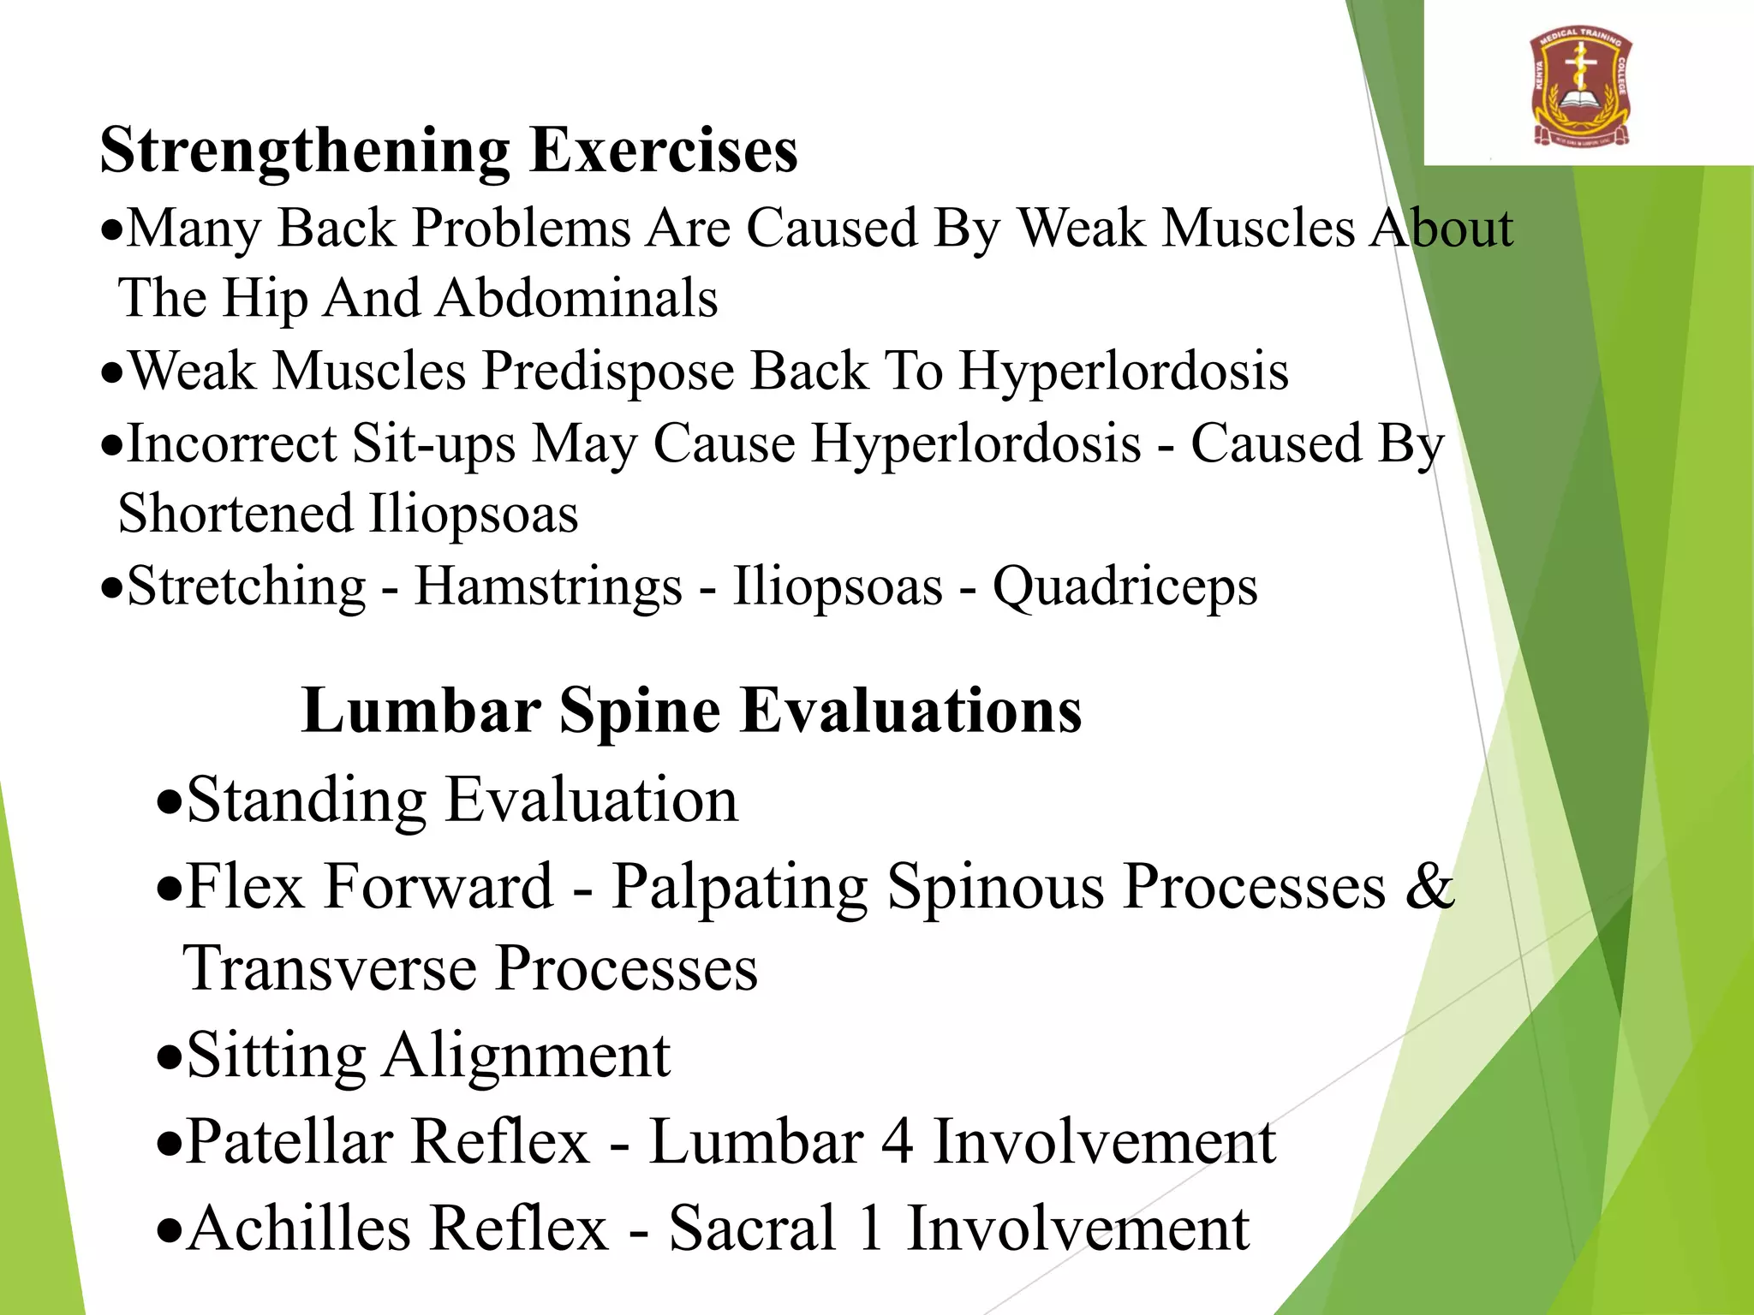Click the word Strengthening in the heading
pos(303,152)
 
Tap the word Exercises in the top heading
pos(664,152)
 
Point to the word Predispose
pos(608,372)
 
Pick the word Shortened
pos(235,514)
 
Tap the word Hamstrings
pos(548,587)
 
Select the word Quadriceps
pos(1125,587)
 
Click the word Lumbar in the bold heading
pos(421,711)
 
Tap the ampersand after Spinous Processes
pos(1429,886)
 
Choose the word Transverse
pos(330,969)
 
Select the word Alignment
pos(527,1056)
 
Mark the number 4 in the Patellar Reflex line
pos(897,1142)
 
